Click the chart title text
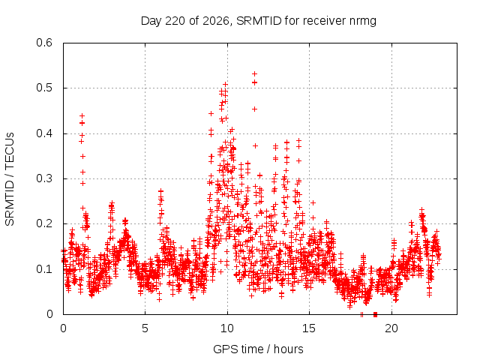point(258,21)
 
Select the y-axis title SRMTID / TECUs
point(10,179)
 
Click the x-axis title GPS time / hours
point(258,349)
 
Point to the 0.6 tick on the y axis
point(44,43)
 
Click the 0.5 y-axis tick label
point(44,88)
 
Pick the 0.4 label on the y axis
point(44,133)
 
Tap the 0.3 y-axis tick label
point(44,178)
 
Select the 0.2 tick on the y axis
point(44,223)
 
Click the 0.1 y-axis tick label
point(44,269)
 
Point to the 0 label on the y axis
point(50,314)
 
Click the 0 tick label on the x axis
point(63,328)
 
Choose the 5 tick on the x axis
point(145,328)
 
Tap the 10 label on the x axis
point(227,328)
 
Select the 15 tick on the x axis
point(309,328)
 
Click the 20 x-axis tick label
point(391,328)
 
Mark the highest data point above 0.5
point(254,73)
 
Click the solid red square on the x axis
point(375,314)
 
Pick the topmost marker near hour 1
point(82,115)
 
